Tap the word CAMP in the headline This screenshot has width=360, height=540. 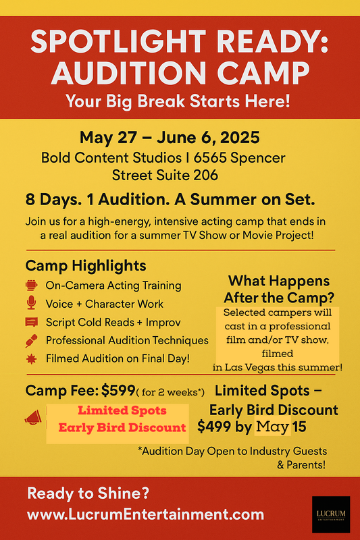pos(263,73)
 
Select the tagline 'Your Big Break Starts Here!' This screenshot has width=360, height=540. pos(178,101)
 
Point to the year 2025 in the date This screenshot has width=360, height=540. pos(240,138)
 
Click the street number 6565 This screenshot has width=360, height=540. pos(210,158)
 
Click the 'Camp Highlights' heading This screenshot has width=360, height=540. pos(86,265)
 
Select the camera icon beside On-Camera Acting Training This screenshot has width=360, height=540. pos(31,285)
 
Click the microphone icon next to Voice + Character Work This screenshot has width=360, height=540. pos(31,302)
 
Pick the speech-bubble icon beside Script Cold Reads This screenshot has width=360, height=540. pos(31,322)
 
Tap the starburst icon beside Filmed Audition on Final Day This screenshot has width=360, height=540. pos(31,359)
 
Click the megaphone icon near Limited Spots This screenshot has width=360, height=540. pos(33,417)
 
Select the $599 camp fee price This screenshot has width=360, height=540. pos(118,390)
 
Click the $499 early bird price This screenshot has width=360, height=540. pos(214,427)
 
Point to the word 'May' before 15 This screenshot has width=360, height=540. pos(272,427)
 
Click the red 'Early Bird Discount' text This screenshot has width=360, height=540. pos(122,427)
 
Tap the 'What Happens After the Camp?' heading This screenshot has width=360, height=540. pos(279,289)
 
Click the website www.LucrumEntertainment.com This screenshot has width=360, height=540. pos(145,514)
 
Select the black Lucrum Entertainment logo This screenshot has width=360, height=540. pos(331,514)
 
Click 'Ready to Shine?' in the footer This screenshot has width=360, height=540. pos(88,493)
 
